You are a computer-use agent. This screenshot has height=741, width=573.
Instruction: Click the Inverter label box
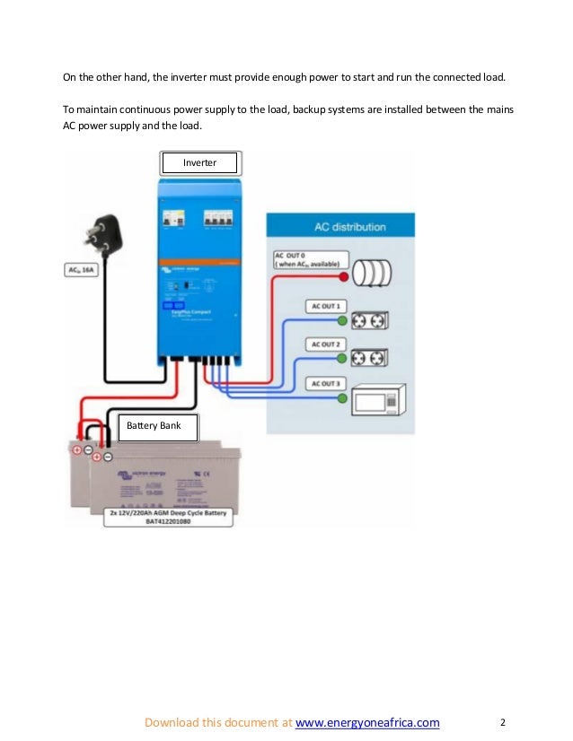point(200,162)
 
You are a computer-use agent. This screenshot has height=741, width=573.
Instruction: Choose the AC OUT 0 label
point(305,259)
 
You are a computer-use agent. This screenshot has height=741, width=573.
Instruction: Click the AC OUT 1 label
point(323,306)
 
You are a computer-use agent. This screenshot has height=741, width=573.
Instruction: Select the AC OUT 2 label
point(323,344)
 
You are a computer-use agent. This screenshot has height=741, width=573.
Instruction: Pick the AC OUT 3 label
point(323,384)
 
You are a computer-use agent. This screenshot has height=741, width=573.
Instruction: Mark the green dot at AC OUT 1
point(342,320)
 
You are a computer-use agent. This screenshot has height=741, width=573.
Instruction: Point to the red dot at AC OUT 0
point(342,272)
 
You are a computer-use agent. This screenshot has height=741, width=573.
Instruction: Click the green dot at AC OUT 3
point(342,397)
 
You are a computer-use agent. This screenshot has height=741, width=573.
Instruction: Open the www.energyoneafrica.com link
point(367,722)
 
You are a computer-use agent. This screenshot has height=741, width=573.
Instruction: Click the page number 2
point(503,722)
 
